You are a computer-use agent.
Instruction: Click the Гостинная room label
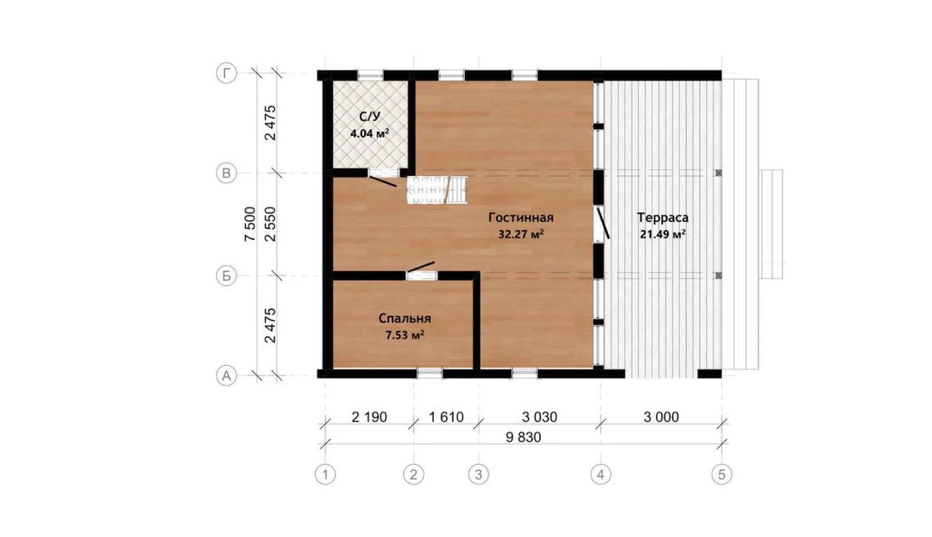520,218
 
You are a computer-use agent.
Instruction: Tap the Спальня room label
405,318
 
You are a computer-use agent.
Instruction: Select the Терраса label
663,218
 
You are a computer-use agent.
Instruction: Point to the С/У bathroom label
370,116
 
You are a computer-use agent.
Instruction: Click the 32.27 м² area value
520,234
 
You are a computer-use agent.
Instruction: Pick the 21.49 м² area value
663,234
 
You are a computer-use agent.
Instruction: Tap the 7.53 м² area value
405,336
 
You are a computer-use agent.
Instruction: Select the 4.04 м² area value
370,133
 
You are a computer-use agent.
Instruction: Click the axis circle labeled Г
226,74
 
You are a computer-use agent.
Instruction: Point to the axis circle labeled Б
226,276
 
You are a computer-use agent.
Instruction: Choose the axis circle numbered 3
479,475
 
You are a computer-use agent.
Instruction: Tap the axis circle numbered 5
723,475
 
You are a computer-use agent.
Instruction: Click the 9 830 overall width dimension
523,438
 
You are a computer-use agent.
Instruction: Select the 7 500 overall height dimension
250,224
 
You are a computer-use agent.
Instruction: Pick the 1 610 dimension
447,417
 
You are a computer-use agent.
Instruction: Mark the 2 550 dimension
271,224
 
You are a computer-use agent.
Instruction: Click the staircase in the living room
437,190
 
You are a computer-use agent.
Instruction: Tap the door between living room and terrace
601,224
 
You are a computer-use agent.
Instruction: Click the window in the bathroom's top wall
371,75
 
